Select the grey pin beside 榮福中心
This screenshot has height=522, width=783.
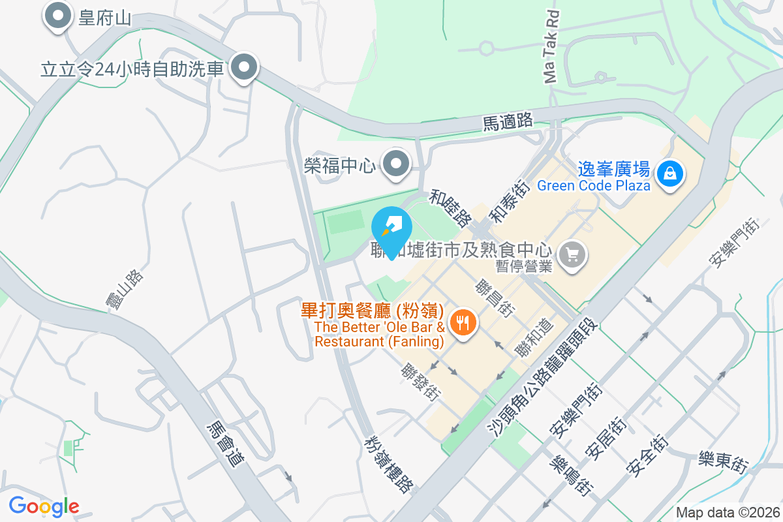(395, 164)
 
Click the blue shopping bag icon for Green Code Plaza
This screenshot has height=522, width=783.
(669, 174)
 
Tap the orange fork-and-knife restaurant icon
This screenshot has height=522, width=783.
(463, 322)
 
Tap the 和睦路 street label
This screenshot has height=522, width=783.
(451, 208)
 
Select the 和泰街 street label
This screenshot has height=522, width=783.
(506, 199)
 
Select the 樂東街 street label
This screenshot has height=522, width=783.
(722, 461)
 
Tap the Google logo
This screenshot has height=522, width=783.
(43, 506)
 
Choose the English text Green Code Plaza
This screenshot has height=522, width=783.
(594, 185)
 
